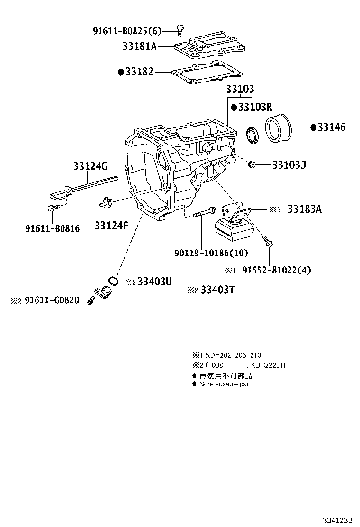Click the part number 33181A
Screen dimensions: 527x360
pyautogui.click(x=139, y=46)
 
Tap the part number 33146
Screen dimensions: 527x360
pyautogui.click(x=331, y=127)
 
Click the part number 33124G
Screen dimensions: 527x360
pyautogui.click(x=90, y=166)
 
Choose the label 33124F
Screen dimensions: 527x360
pyautogui.click(x=111, y=226)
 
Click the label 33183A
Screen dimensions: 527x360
pyautogui.click(x=304, y=209)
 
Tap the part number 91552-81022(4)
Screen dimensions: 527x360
pyautogui.click(x=277, y=271)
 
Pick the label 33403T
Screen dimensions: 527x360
pyautogui.click(x=217, y=290)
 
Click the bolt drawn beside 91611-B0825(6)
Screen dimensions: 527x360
pyautogui.click(x=179, y=30)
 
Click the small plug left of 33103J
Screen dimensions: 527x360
pyautogui.click(x=252, y=165)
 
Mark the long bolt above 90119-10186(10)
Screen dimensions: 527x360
pyautogui.click(x=205, y=212)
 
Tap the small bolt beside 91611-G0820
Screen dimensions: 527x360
pyautogui.click(x=90, y=301)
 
